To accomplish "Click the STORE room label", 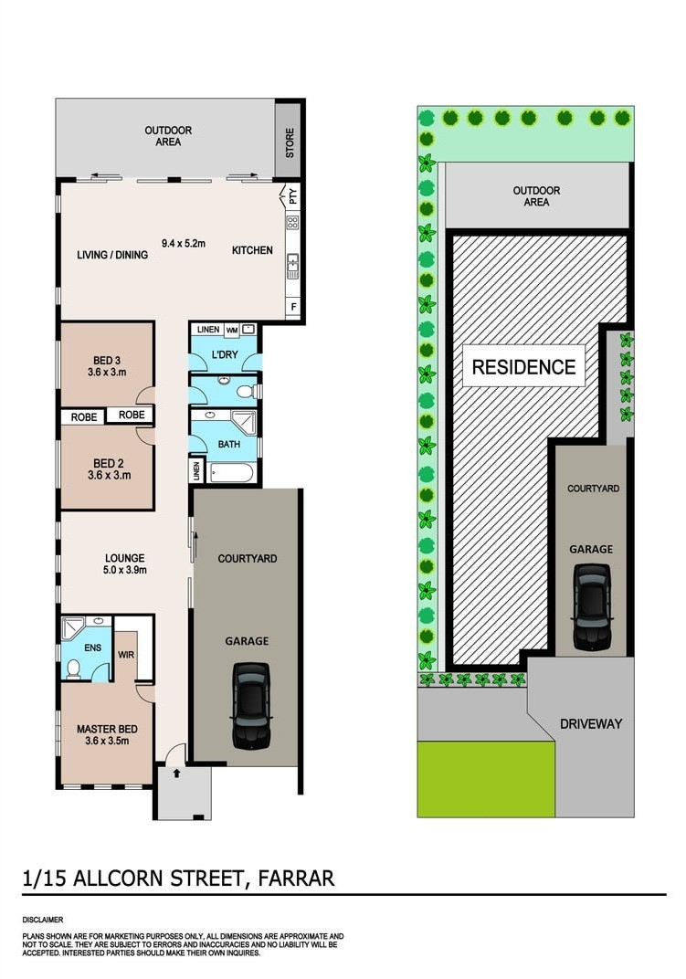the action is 290,143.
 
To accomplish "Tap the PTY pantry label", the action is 293,196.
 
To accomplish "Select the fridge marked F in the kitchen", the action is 294,307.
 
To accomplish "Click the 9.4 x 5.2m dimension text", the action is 183,243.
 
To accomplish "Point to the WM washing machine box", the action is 232,330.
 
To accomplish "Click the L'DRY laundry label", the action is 225,354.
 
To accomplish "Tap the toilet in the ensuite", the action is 73,668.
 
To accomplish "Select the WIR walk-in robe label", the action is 126,654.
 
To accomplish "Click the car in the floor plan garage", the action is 252,706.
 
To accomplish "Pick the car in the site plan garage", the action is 591,607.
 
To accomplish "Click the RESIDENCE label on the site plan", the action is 523,366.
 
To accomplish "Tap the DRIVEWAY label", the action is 591,723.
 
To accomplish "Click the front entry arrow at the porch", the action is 176,773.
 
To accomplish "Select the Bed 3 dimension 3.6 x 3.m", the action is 107,372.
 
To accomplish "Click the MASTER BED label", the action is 107,729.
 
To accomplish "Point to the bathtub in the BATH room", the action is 232,473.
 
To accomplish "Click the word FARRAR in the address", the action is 297,879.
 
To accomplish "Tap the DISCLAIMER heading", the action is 43,920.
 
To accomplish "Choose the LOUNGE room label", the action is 125,558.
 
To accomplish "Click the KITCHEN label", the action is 252,250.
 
